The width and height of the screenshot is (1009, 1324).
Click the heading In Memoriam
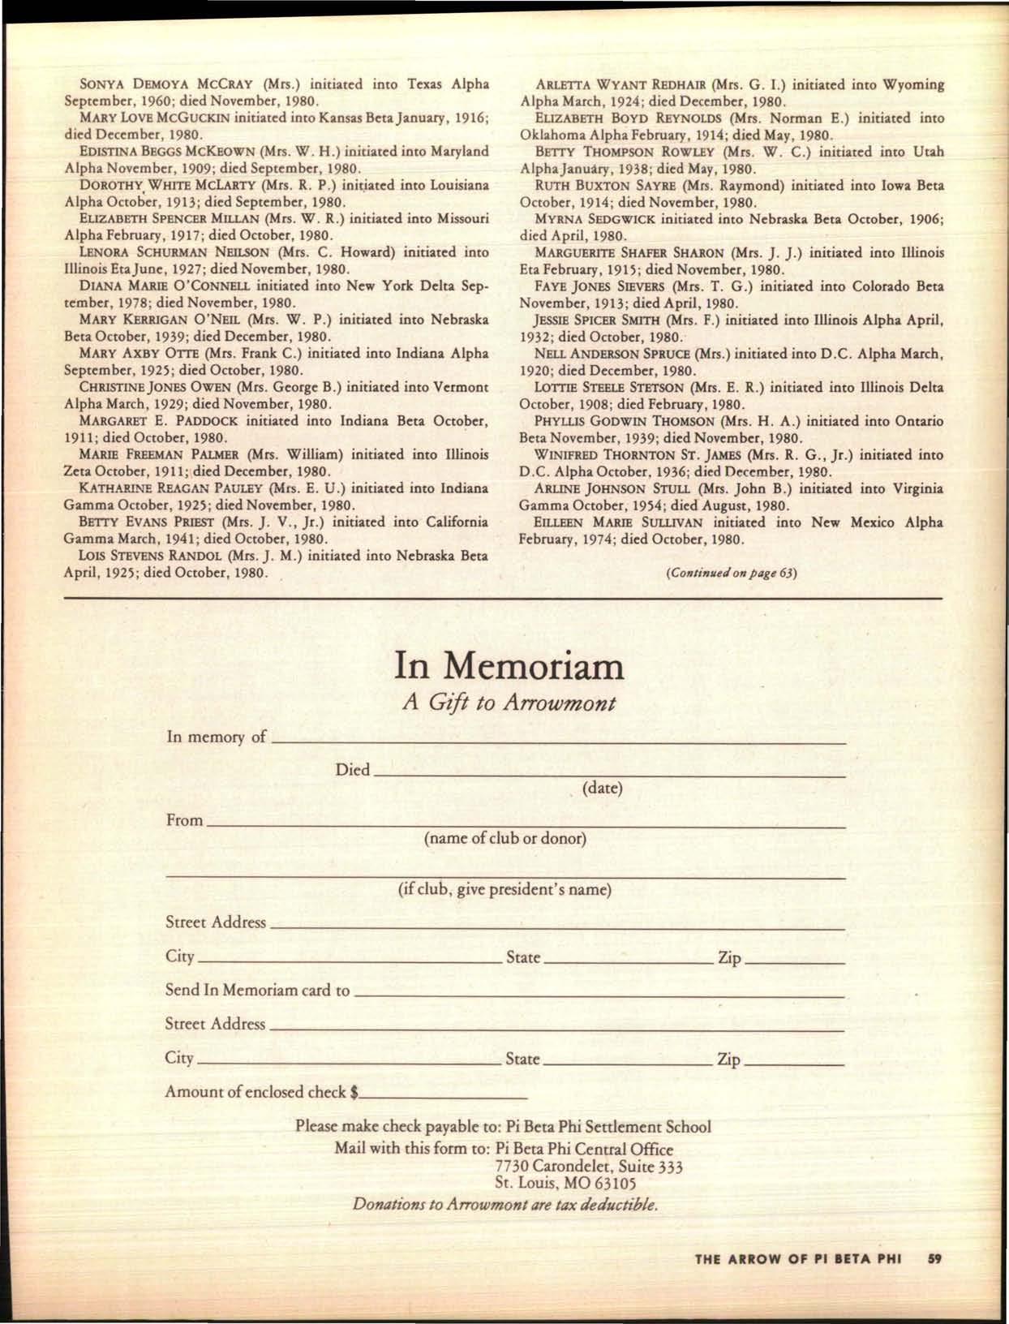tap(509, 666)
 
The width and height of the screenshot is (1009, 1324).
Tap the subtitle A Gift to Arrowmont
tap(509, 703)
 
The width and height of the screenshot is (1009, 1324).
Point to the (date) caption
tap(602, 789)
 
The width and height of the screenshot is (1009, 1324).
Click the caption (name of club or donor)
tap(504, 839)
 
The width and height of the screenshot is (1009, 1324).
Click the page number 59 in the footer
tap(934, 1259)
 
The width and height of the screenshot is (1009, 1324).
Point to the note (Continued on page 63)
tap(731, 573)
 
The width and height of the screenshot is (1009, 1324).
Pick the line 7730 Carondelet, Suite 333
tap(589, 1167)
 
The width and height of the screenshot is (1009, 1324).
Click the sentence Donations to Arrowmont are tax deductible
tap(504, 1205)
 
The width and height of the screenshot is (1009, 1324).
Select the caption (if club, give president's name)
tap(504, 890)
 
